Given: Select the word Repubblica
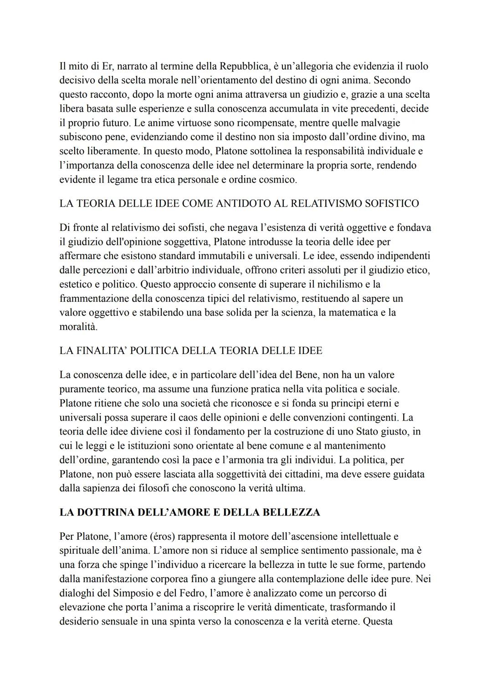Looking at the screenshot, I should click(x=244, y=66).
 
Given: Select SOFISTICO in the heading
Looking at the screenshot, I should click(x=391, y=203).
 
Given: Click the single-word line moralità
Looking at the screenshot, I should click(x=78, y=327).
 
